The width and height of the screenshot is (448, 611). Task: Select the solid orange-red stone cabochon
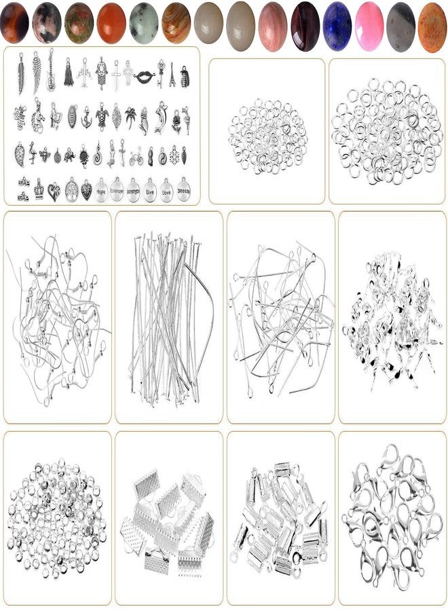coord(111,22)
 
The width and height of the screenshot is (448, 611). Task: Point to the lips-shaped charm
coord(144,76)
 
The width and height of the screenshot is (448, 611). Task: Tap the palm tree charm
coord(130,117)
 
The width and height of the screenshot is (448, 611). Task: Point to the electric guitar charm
coord(51,70)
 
